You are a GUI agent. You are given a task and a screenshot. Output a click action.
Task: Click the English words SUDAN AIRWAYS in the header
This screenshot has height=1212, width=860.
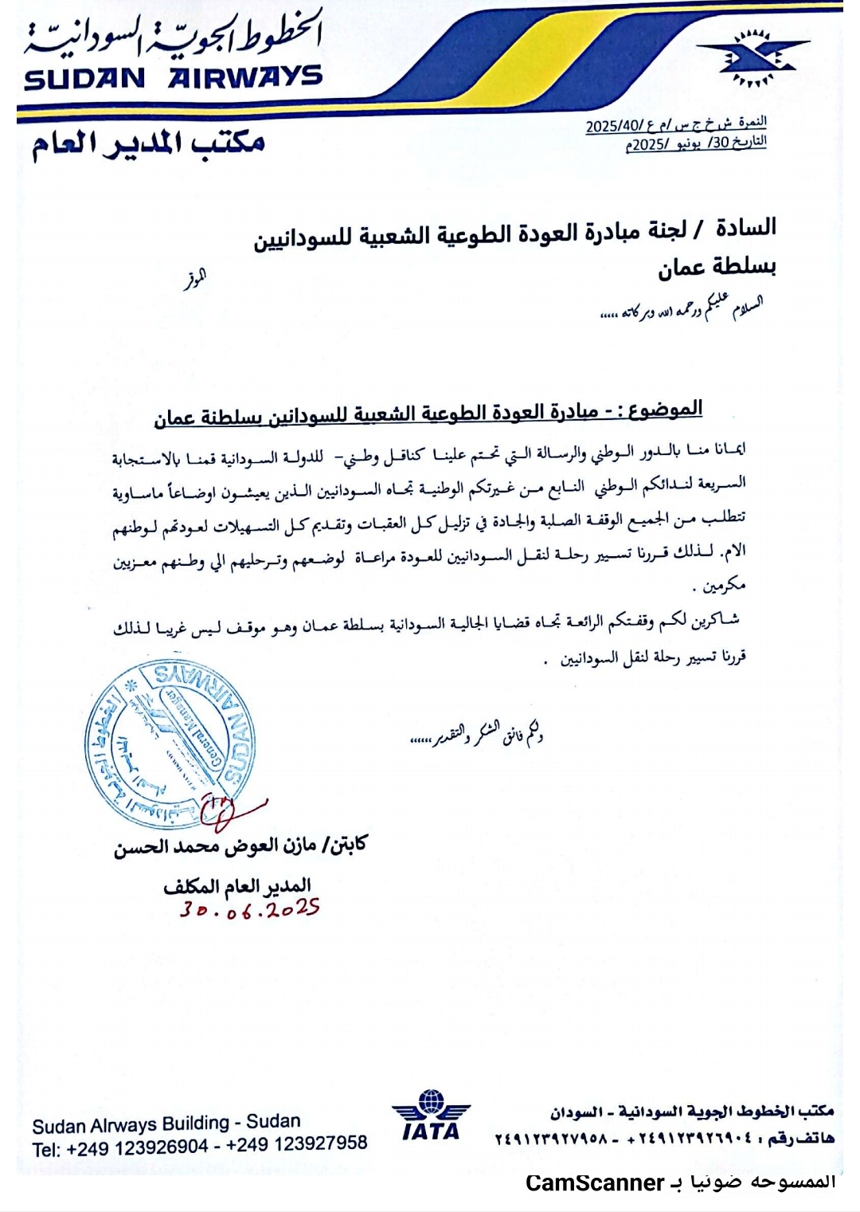(x=174, y=78)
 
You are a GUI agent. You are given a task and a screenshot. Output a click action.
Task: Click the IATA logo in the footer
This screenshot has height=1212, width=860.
(x=431, y=1116)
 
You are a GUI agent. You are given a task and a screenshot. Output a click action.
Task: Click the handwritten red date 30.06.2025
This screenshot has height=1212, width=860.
(x=249, y=909)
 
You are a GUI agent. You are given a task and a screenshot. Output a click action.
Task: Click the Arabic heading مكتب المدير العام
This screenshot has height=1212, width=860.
(x=148, y=143)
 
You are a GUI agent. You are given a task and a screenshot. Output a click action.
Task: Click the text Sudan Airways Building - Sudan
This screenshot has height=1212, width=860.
(x=166, y=1124)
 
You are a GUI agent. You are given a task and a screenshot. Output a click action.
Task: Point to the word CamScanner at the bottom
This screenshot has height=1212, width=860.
(x=595, y=1183)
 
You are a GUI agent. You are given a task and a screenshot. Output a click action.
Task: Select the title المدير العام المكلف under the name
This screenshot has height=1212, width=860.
(x=236, y=885)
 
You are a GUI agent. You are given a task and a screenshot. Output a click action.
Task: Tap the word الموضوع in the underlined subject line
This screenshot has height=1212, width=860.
(x=666, y=410)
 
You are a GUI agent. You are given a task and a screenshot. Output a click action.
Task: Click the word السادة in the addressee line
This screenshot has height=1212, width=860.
(x=745, y=227)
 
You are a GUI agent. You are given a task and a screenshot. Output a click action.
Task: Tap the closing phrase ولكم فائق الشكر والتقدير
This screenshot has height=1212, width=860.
(x=476, y=734)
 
